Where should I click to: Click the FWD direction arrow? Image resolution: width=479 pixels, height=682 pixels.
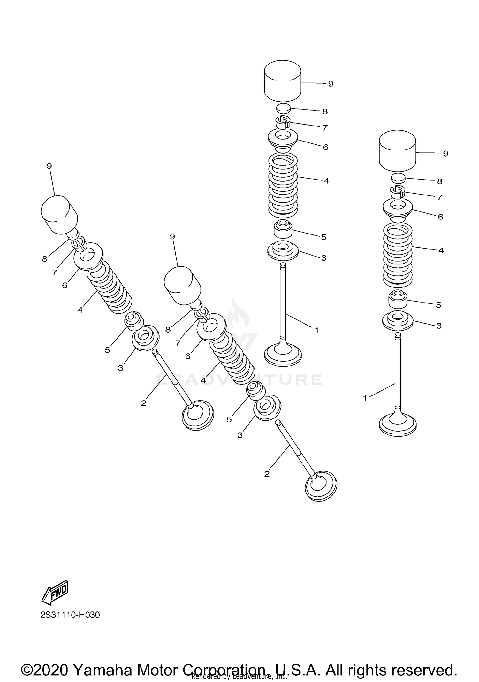click(x=55, y=593)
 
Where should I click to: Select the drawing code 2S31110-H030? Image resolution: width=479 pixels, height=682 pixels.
click(x=70, y=615)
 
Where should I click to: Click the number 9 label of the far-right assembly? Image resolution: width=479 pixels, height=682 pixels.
click(x=445, y=154)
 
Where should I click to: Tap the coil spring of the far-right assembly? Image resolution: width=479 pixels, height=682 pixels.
click(x=398, y=254)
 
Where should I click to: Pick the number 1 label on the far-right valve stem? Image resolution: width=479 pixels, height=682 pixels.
click(x=365, y=398)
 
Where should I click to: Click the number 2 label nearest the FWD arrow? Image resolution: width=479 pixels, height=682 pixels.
click(x=143, y=403)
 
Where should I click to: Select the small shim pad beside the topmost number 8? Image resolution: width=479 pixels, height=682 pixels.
click(x=283, y=108)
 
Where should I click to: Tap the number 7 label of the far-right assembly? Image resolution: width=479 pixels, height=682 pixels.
click(x=440, y=198)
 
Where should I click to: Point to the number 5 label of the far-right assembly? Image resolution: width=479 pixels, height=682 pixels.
click(x=438, y=305)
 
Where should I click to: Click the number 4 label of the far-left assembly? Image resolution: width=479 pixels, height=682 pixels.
click(x=80, y=310)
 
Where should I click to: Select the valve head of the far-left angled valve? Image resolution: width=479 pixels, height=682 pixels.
click(x=197, y=415)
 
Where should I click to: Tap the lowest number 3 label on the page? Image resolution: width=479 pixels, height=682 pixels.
click(x=240, y=435)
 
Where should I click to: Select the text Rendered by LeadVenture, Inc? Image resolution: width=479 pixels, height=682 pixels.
click(x=240, y=676)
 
